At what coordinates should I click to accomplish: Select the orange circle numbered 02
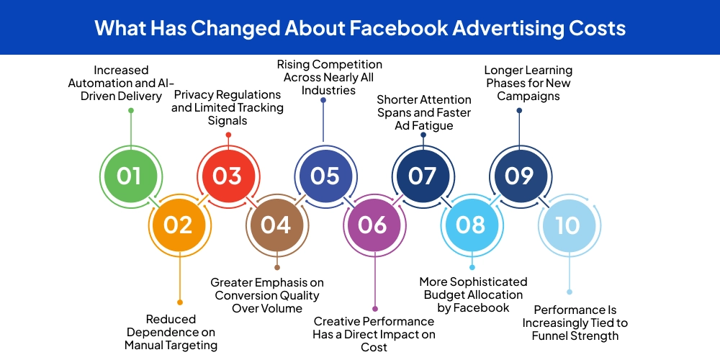pyautogui.click(x=178, y=225)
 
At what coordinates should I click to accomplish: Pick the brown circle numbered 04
pyautogui.click(x=276, y=225)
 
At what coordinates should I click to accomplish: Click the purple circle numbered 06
pyautogui.click(x=373, y=225)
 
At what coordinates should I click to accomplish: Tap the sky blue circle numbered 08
pyautogui.click(x=470, y=225)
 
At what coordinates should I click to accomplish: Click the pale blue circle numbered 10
pyautogui.click(x=568, y=225)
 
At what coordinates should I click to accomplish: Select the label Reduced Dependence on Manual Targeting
pyautogui.click(x=171, y=332)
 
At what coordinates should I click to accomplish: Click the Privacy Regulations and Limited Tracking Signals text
pyautogui.click(x=228, y=107)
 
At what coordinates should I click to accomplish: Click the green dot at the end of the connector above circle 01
pyautogui.click(x=130, y=110)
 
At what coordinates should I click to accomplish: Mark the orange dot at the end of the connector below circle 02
pyautogui.click(x=179, y=302)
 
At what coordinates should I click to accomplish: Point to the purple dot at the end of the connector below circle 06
pyautogui.click(x=374, y=308)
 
